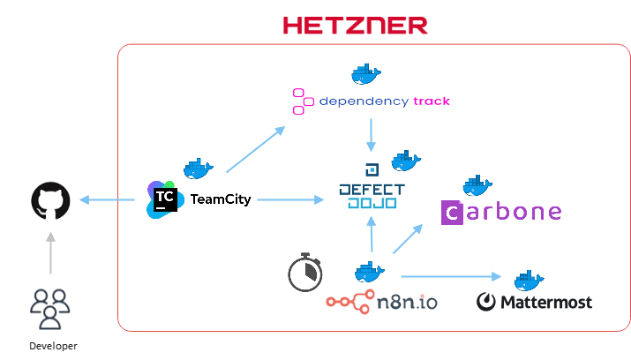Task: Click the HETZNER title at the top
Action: pos(355,25)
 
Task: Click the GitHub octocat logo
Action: pos(49,200)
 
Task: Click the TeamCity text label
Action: pos(221,199)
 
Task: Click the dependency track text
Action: pos(384,101)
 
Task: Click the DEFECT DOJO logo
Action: pos(372,191)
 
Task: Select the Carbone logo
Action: pos(500,212)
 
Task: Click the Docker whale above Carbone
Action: pos(477,184)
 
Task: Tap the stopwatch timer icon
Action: pos(304,273)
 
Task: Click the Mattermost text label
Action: pos(545,303)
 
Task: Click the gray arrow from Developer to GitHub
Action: pos(50,251)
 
